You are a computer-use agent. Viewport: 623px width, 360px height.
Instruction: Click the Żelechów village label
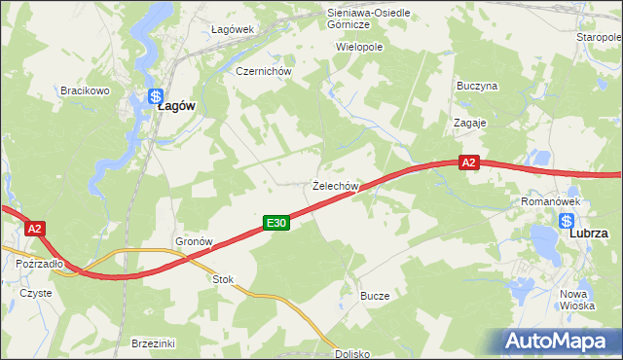coord(337,185)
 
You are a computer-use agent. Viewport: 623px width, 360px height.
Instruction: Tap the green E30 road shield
coord(276,224)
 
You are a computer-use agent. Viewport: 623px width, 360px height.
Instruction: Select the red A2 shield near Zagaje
coord(469,163)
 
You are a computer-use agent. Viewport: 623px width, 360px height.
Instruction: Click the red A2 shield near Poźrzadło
coord(34,229)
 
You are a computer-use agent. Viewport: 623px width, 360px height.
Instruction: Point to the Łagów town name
coord(179,109)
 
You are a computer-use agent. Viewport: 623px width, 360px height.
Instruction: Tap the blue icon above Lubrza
coord(568,221)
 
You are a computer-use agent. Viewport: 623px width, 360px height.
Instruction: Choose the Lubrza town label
coord(589,234)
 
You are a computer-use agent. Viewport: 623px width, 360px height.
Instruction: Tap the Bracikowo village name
coord(84,90)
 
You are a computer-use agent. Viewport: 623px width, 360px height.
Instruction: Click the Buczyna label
coord(477,86)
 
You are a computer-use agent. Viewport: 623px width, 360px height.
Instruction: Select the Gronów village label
coord(194,240)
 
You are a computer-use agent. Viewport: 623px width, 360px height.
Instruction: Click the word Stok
coord(224,279)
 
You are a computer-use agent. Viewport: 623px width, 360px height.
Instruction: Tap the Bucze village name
coord(375,295)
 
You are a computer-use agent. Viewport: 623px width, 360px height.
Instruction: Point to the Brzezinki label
coord(153,343)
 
